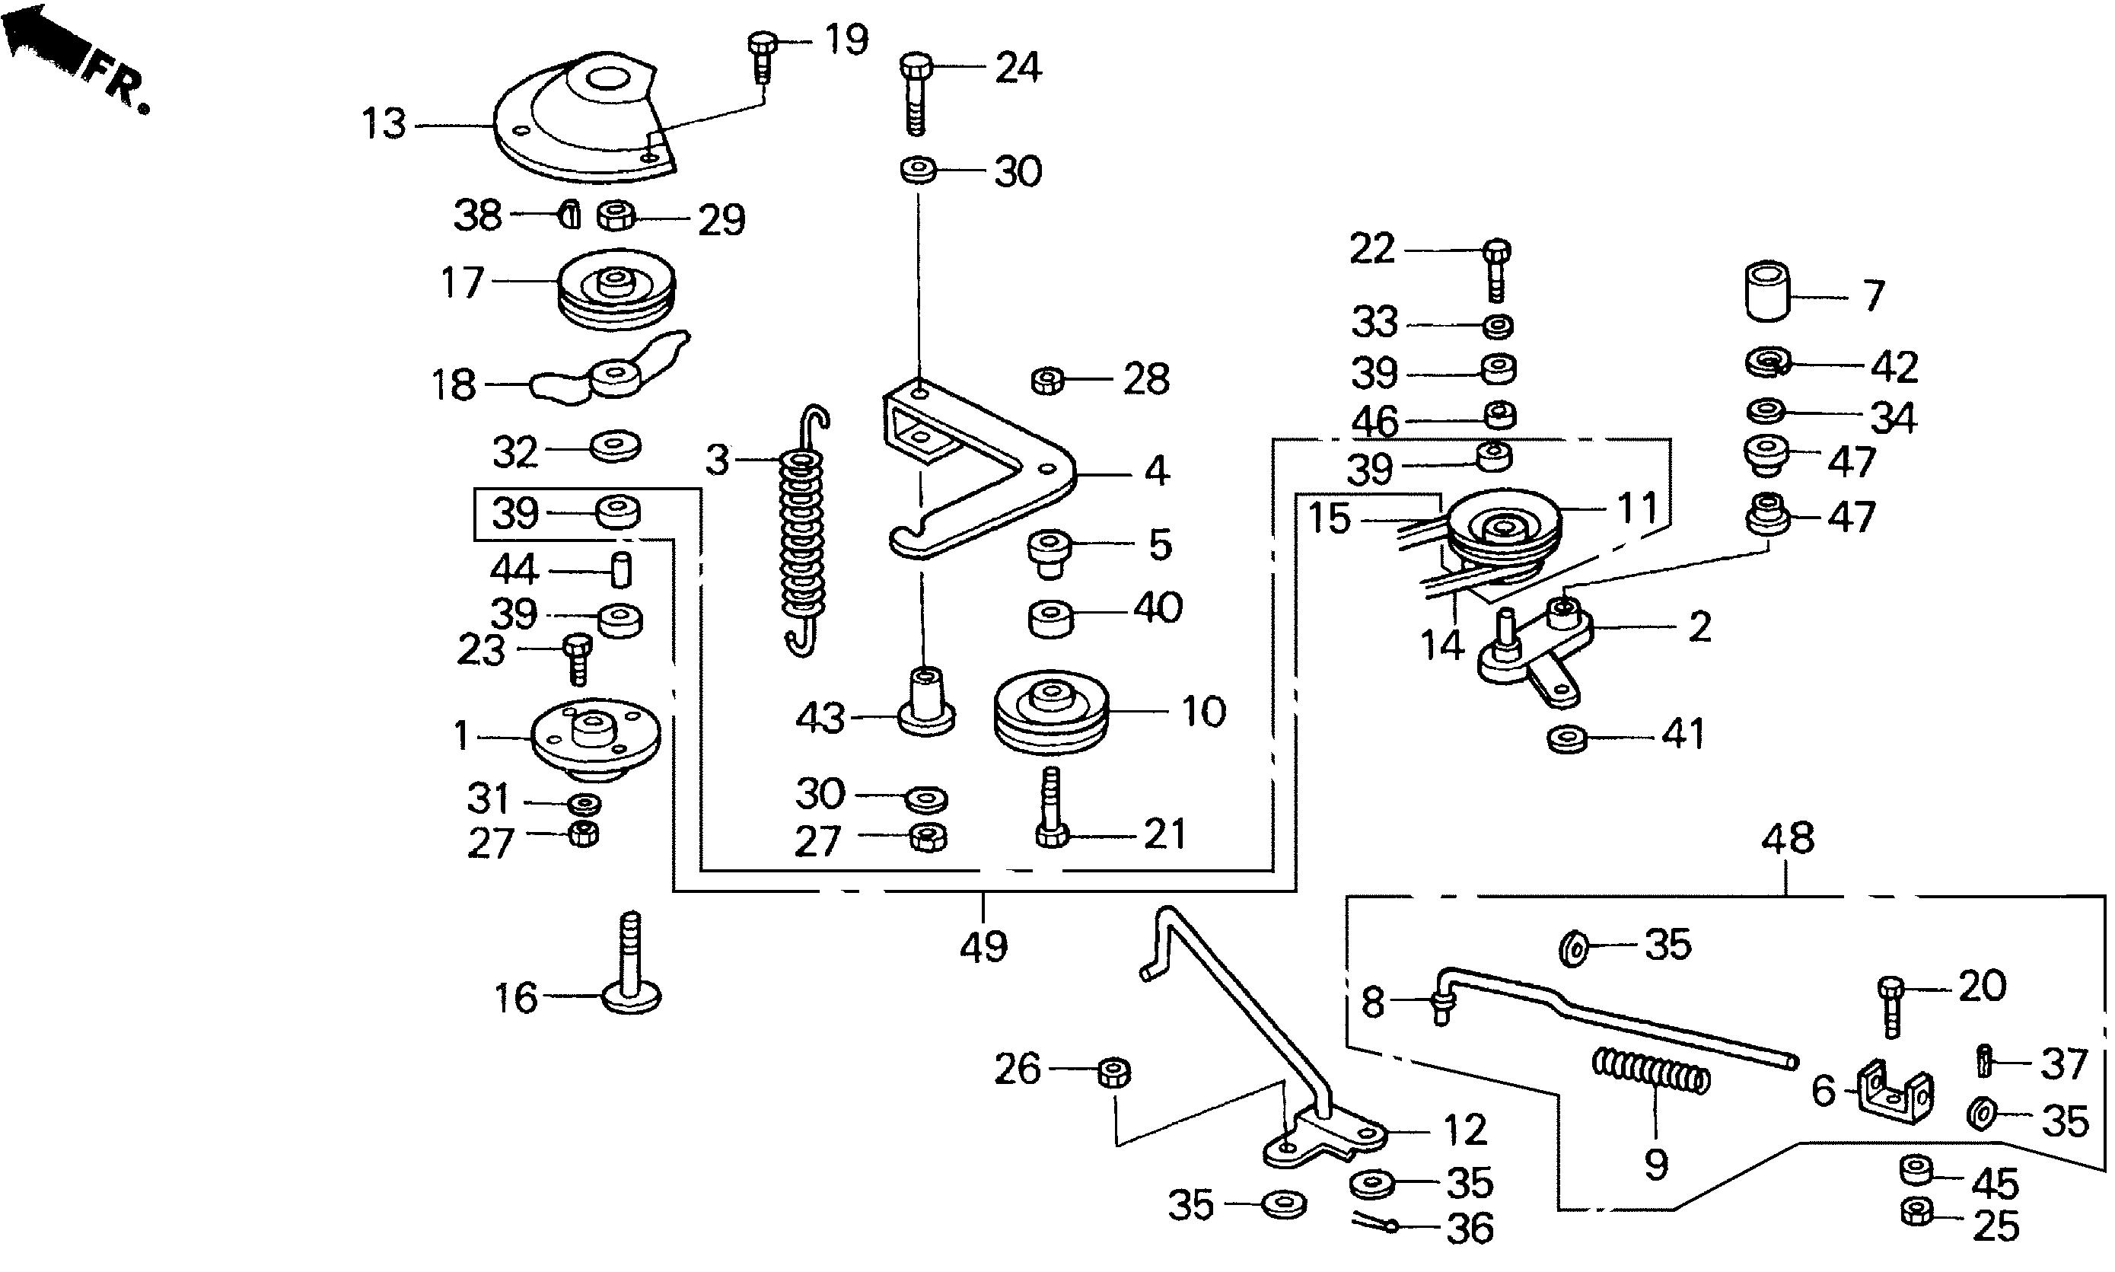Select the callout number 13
coord(383,124)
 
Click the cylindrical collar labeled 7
coord(1767,292)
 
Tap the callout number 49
coord(983,947)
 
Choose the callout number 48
coord(1789,838)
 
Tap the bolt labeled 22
coord(1496,269)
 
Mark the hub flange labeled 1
coord(594,738)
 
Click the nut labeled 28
coord(1047,379)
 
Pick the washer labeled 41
coord(1567,737)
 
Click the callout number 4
coord(1157,471)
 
